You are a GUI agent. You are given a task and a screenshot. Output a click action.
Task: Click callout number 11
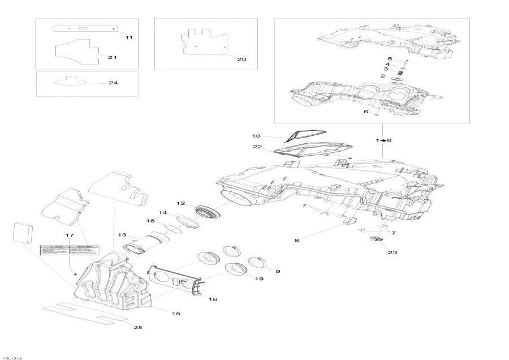tap(128, 37)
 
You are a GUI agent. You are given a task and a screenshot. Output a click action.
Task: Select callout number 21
tap(112, 58)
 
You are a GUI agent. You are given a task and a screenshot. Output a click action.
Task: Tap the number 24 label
tap(113, 83)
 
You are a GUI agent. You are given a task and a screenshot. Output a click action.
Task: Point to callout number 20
tap(241, 59)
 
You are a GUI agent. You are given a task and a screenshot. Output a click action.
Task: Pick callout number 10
tap(256, 136)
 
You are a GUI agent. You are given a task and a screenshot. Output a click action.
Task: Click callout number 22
tap(258, 148)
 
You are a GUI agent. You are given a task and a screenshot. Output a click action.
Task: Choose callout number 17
tap(70, 235)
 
